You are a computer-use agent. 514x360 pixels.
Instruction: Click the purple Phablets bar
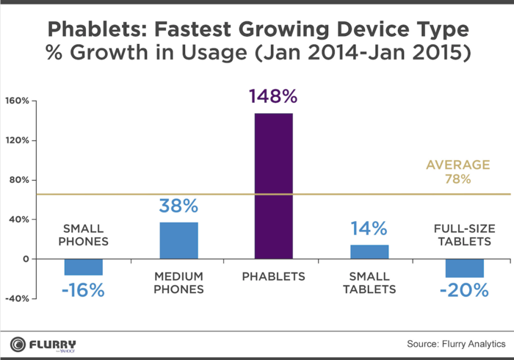coord(274,186)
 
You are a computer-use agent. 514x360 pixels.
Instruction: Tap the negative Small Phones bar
coord(84,267)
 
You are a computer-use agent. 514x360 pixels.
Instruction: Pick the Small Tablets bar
coord(369,252)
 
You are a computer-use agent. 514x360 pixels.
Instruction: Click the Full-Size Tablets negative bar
coord(464,268)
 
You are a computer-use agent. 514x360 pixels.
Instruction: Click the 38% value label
coord(178,206)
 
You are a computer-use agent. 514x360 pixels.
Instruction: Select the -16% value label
coord(83,290)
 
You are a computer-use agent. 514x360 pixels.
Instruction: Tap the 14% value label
coord(369,228)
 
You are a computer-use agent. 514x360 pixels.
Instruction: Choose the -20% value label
coord(464,290)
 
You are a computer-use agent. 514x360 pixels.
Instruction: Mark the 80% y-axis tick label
coord(18,180)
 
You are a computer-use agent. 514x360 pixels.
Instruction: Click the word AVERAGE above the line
coord(458,165)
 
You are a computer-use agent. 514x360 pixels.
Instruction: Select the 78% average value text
coord(458,179)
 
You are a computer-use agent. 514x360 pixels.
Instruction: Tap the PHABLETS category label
coord(274,276)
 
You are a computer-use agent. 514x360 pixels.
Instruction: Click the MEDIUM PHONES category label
coord(178,282)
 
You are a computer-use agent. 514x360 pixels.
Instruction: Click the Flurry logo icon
coord(19,343)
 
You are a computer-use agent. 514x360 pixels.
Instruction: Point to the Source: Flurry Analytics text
coord(456,343)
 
